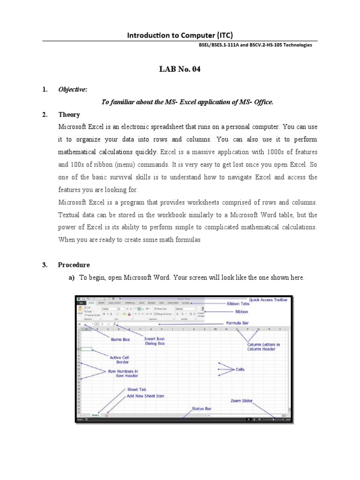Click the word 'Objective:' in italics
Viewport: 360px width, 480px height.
pyautogui.click(x=72, y=90)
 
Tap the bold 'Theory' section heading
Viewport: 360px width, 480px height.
pyautogui.click(x=69, y=114)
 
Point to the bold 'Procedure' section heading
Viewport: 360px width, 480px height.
pyautogui.click(x=74, y=265)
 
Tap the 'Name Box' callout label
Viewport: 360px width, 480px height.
pyautogui.click(x=120, y=339)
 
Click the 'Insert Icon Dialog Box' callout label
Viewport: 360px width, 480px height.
pyautogui.click(x=155, y=341)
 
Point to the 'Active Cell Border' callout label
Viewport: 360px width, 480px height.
pyautogui.click(x=119, y=360)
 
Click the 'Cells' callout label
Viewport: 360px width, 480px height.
pyautogui.click(x=240, y=369)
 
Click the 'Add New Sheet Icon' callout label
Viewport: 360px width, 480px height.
pyautogui.click(x=145, y=396)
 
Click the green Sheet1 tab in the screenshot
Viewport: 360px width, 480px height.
pyautogui.click(x=96, y=415)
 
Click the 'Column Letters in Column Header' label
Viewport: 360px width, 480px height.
pyautogui.click(x=264, y=347)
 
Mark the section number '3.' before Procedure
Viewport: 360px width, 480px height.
pyautogui.click(x=45, y=265)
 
